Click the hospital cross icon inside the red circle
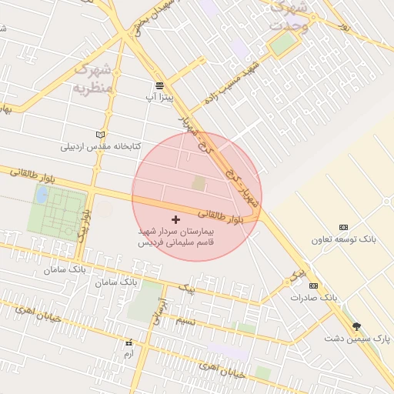click(175, 219)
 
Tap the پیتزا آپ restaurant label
click(160, 98)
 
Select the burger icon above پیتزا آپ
click(159, 85)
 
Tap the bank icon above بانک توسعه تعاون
click(343, 227)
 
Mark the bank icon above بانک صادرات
click(313, 285)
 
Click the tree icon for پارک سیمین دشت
click(356, 326)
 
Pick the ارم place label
click(128, 355)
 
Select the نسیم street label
click(188, 321)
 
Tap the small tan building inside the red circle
click(199, 183)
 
